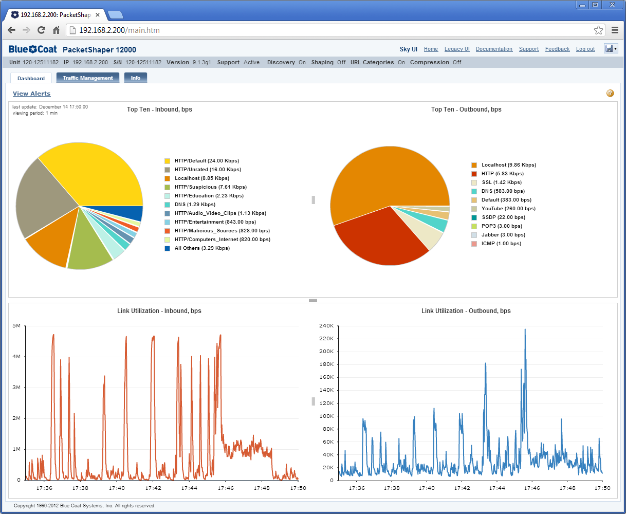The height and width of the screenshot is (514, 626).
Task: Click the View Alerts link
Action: [31, 94]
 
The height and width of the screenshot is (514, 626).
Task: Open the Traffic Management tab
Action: [88, 78]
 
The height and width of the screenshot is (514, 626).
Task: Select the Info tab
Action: [135, 78]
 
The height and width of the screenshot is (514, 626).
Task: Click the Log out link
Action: [585, 49]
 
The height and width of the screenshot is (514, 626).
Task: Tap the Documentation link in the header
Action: [494, 49]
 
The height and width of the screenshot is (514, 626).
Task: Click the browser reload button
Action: [41, 30]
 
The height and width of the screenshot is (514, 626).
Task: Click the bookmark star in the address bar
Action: [598, 30]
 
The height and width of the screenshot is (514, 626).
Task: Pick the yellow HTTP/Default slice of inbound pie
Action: [98, 175]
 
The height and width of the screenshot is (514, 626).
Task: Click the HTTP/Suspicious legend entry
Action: [206, 187]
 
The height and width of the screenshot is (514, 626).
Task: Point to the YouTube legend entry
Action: [503, 209]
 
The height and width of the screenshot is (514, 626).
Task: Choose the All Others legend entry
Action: [197, 248]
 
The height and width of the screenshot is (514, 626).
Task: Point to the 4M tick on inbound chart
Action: [16, 357]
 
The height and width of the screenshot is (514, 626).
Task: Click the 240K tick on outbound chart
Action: [326, 326]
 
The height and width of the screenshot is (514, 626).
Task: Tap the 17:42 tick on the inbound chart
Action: [153, 488]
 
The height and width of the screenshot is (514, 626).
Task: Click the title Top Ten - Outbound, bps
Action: [466, 109]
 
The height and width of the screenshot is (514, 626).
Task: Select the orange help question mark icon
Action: [610, 93]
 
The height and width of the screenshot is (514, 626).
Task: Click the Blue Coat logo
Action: [33, 49]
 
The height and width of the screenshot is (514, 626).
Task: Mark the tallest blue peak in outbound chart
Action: [525, 329]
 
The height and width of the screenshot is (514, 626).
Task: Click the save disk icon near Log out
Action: [609, 48]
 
